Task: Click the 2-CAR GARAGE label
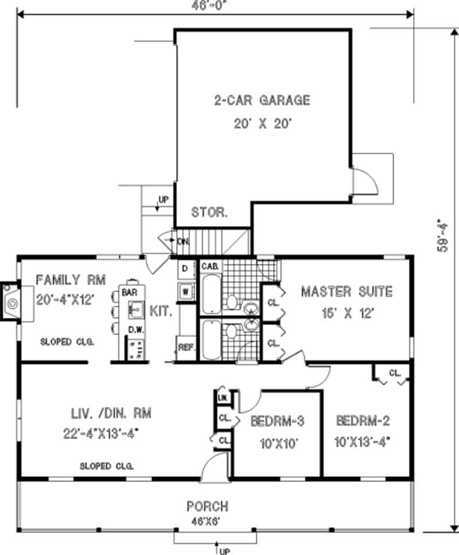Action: point(262,100)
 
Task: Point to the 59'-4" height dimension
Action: point(442,235)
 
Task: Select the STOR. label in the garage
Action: point(209,212)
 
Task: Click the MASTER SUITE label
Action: point(347,292)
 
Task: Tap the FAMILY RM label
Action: point(71,280)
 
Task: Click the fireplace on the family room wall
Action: point(11,300)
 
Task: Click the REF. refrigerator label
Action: point(185,347)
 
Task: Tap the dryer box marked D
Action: point(185,269)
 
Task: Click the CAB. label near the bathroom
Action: point(208,266)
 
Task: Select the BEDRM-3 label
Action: point(277,421)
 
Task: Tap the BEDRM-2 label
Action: point(363,421)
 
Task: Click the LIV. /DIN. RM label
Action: point(107,413)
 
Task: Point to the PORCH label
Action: point(207,507)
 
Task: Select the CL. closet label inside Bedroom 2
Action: point(395,372)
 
